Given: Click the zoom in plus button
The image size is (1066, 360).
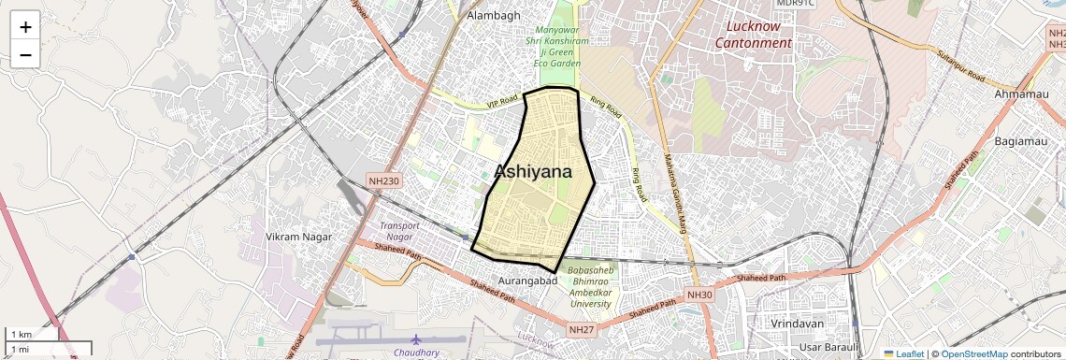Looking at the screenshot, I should point(25,27).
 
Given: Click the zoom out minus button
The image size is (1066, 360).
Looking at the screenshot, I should point(25,55).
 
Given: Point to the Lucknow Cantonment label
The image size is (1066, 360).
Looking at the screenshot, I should point(752,35).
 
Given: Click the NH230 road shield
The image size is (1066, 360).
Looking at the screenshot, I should point(384,180).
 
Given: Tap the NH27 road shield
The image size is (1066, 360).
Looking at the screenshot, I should point(581,329).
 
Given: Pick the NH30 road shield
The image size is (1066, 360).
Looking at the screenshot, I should point(699,295).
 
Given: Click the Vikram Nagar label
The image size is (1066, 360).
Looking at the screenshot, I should point(299,237).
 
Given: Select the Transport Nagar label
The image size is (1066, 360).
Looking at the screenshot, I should point(399,231).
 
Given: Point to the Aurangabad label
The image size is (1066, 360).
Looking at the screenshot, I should point(527,281).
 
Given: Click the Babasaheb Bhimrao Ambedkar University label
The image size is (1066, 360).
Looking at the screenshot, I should point(591,287).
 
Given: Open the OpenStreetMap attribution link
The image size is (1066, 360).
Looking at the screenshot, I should point(973,353).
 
